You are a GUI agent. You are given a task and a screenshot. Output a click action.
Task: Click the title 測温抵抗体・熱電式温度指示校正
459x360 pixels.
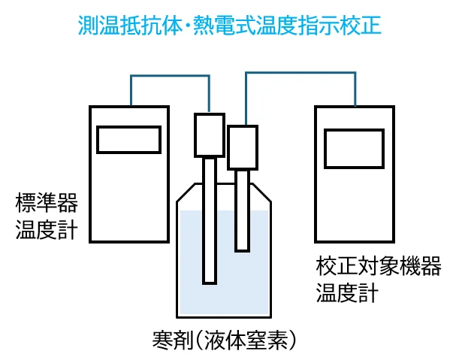230,26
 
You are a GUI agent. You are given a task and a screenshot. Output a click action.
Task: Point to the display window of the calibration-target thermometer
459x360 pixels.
355,147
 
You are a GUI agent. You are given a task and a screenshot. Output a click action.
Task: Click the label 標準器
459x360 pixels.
47,203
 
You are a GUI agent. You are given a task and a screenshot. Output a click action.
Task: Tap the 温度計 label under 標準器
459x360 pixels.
47,228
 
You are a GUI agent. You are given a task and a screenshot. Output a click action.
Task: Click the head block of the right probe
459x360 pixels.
242,146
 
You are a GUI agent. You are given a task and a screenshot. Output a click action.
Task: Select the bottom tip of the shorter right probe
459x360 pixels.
242,247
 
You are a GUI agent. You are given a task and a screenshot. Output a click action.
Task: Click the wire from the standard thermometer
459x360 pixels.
169,76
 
